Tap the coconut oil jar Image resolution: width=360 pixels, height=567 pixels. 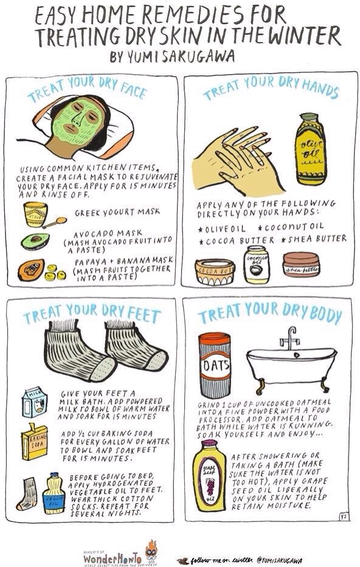point(256,264)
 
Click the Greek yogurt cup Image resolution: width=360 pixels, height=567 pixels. point(35,214)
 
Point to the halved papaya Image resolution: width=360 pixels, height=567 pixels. point(32,269)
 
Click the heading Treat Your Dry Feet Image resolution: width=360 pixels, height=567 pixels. point(92,316)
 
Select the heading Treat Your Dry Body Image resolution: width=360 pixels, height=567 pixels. point(269,316)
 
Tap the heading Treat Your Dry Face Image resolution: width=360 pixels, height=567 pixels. point(87,92)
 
